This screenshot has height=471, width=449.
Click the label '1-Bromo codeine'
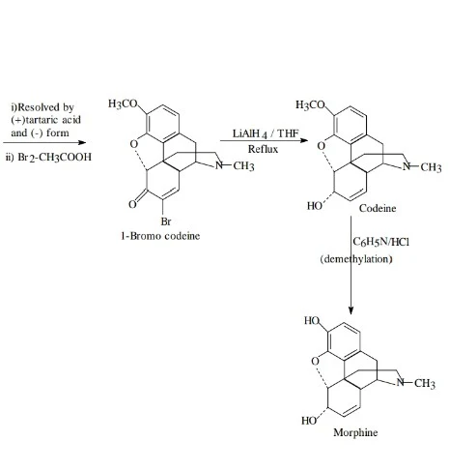click(x=160, y=236)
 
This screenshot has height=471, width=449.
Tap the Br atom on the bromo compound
click(x=166, y=221)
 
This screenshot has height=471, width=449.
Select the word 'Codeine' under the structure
click(x=378, y=208)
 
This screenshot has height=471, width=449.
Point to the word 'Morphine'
click(x=355, y=432)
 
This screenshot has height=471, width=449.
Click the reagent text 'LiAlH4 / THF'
click(x=266, y=133)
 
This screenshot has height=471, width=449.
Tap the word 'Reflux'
click(x=263, y=149)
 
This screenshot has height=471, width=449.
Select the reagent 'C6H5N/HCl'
click(x=380, y=242)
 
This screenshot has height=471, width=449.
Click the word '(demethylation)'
click(x=356, y=259)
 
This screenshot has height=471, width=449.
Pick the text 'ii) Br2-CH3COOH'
click(x=48, y=158)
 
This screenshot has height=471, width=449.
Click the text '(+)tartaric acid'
click(x=45, y=120)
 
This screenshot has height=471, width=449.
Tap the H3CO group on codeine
click(x=311, y=104)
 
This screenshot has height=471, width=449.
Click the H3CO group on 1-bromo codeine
click(x=123, y=103)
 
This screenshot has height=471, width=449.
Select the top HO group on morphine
click(x=312, y=320)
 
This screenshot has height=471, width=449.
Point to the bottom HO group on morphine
click(x=309, y=421)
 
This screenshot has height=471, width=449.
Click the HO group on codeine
click(x=315, y=206)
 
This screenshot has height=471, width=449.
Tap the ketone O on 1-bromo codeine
click(x=132, y=204)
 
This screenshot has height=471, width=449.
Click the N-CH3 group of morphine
click(x=416, y=383)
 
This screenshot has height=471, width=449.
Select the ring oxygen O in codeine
click(x=321, y=146)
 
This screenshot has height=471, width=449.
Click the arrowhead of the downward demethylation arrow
click(x=351, y=310)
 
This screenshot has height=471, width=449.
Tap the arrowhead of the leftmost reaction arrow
click(x=82, y=142)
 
